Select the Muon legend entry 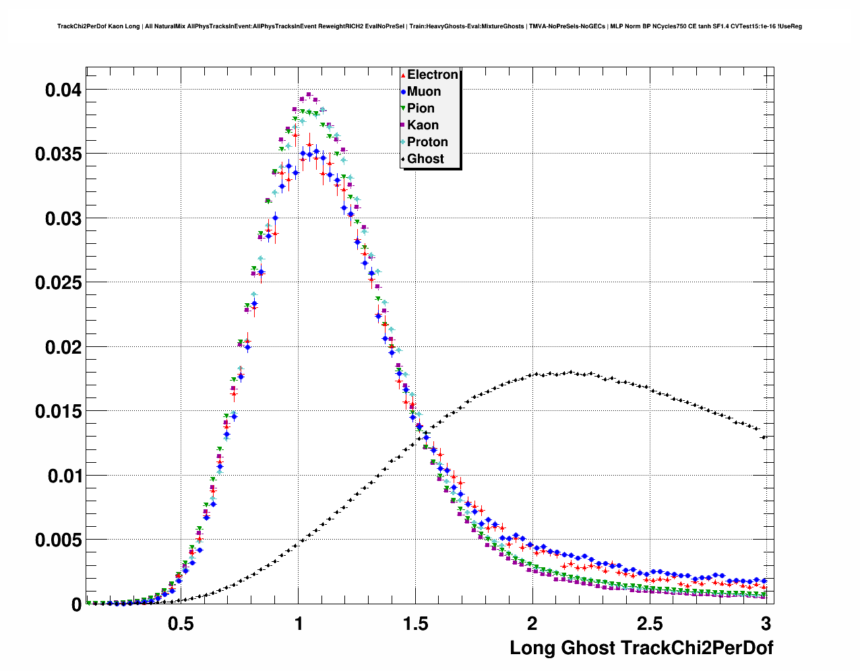point(424,92)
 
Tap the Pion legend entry point(421,108)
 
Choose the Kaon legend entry point(423,125)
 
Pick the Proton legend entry point(427,142)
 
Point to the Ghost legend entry point(425,159)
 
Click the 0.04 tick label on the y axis point(63,90)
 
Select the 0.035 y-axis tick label point(58,154)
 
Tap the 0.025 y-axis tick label point(58,283)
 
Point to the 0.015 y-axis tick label point(58,412)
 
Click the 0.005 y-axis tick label point(58,540)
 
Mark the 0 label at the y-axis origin point(76,605)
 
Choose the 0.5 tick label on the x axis point(181,624)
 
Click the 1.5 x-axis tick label point(415,624)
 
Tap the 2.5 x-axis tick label point(650,624)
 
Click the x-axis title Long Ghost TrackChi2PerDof point(641,648)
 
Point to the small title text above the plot point(429,26)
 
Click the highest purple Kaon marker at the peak point(309,95)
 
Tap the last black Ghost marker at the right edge point(764,437)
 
